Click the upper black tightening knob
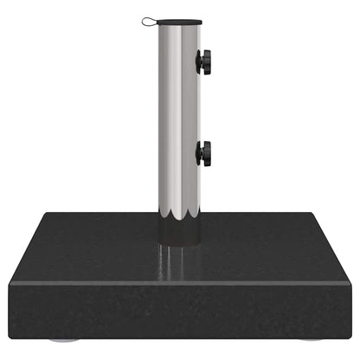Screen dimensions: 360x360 coord(204,61)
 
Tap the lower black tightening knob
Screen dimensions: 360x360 coord(204,153)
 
